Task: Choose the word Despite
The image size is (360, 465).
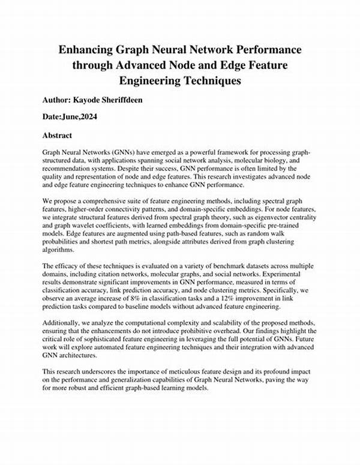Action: (131, 170)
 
